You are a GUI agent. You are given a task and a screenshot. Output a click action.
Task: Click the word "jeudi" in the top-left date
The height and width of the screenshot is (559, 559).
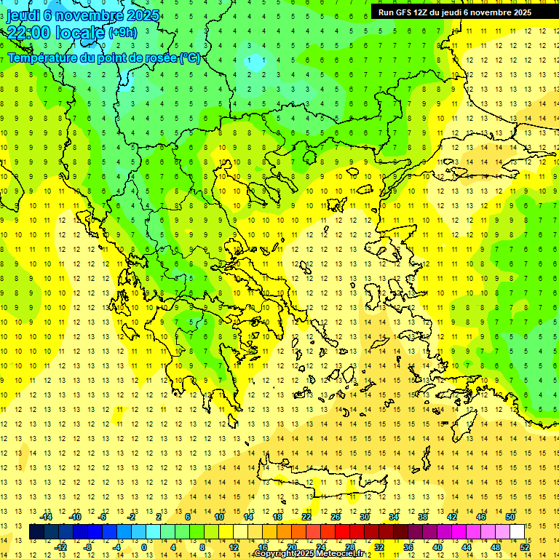(23, 16)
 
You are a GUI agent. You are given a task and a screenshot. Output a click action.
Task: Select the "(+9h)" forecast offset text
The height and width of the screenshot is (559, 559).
(122, 32)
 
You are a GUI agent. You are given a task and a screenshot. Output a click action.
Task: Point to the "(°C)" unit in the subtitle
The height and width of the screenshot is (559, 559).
(189, 58)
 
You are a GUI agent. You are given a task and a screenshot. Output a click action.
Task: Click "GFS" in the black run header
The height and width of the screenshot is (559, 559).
(402, 12)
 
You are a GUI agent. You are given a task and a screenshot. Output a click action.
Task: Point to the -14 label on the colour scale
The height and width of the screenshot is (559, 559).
(45, 517)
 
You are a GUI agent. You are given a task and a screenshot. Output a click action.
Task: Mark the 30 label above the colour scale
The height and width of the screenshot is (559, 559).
(364, 517)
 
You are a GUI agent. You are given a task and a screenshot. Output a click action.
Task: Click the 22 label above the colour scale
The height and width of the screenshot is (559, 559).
(306, 517)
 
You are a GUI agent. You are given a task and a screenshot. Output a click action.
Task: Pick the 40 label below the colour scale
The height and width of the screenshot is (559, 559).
(437, 547)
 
